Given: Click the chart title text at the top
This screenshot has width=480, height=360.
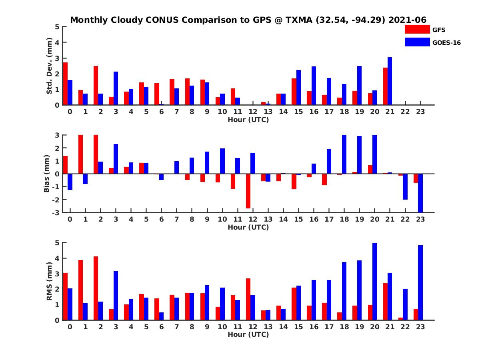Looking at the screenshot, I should coord(248,20).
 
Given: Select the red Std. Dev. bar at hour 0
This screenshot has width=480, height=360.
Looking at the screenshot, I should coord(65,84).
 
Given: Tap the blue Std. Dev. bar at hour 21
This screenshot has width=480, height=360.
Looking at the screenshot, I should coord(390,81).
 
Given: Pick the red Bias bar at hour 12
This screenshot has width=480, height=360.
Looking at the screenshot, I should coord(248,191).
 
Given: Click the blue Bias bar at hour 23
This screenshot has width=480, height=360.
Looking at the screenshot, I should coord(420,193).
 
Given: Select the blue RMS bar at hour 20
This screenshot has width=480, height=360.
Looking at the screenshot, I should coord(374,281).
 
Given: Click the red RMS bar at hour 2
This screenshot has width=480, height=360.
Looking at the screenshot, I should coord(96,288).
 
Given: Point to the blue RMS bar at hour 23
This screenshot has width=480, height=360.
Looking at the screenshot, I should coord(420,282).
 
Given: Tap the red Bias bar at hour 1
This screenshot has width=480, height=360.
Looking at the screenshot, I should coord(80,154).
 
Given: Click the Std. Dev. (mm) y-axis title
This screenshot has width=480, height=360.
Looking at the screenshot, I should coord(50,66).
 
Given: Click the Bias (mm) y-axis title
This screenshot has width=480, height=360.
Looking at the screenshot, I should coord(46,174).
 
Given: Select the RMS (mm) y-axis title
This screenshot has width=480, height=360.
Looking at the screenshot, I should coord(50,281).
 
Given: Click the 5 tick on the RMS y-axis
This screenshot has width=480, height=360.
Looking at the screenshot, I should coord(57,243).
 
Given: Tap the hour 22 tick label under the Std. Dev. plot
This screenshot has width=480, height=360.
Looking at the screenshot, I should coord(405,112).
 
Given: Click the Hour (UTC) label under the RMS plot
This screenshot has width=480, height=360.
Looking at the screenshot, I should coord(248,334).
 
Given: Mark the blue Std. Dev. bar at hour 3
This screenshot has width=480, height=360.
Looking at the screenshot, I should coord(116,88).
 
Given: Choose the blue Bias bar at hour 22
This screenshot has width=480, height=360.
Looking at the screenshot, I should coord(405,186).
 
